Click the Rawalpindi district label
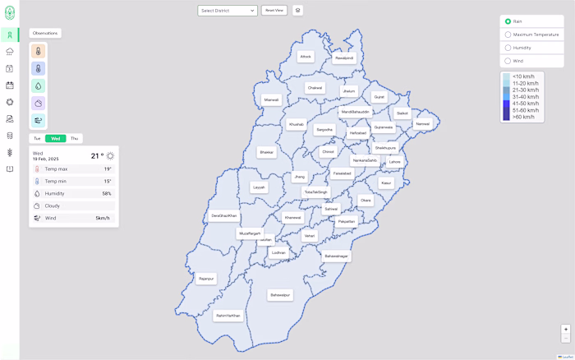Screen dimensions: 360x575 click(x=344, y=58)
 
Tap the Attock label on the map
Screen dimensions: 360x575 click(x=306, y=56)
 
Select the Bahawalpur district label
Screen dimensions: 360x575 click(x=280, y=294)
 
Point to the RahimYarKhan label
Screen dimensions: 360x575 click(x=228, y=316)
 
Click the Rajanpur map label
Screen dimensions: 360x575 click(x=205, y=279)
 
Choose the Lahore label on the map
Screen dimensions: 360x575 click(x=395, y=162)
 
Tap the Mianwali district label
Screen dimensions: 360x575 click(x=271, y=99)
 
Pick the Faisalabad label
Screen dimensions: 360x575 click(x=343, y=173)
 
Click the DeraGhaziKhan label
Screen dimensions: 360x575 click(x=223, y=215)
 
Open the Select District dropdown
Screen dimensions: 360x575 click(x=228, y=11)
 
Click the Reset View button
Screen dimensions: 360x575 click(x=274, y=11)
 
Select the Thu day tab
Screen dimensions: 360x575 click(x=75, y=138)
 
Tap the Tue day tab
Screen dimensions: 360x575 click(x=37, y=138)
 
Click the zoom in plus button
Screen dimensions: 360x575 click(x=565, y=330)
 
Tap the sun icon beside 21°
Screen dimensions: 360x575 click(x=111, y=155)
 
